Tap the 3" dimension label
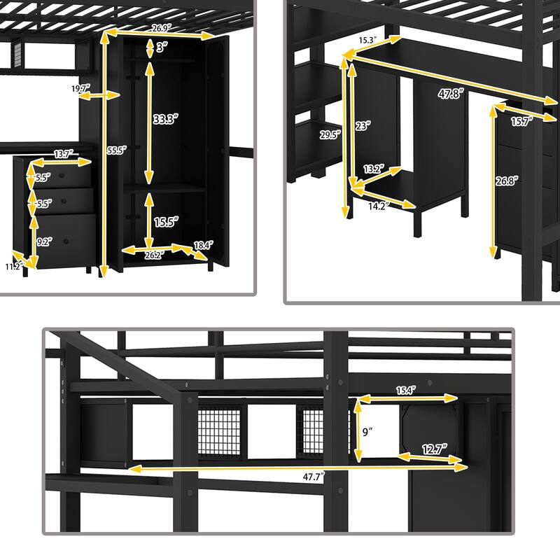click(x=161, y=48)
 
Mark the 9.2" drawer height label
click(x=44, y=243)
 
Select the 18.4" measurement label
click(x=202, y=244)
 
